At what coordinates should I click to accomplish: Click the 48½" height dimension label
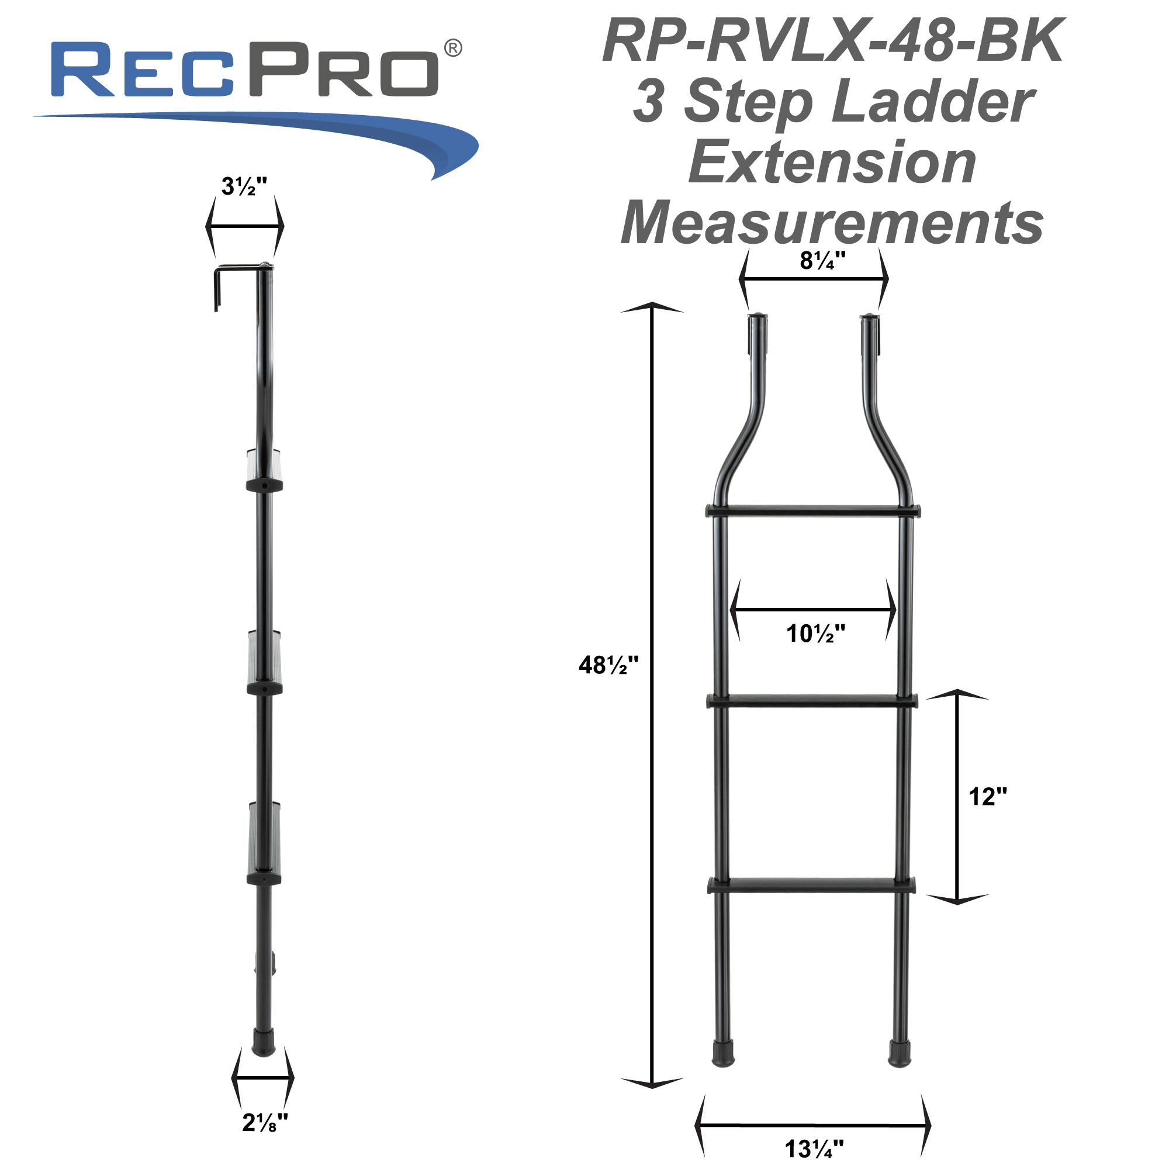(608, 666)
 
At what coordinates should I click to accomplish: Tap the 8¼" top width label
(822, 261)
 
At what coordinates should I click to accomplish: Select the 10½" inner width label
(815, 634)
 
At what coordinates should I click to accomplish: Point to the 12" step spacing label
(988, 797)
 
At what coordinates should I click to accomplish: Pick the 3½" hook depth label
(244, 186)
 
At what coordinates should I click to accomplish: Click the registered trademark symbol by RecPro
(453, 49)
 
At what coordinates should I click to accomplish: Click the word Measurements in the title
(832, 223)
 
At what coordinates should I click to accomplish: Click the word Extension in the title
(832, 162)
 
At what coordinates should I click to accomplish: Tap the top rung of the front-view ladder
(813, 511)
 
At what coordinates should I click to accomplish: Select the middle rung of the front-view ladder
(812, 701)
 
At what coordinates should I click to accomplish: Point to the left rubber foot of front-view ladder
(723, 1053)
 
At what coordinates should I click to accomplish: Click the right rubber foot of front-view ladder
(899, 1053)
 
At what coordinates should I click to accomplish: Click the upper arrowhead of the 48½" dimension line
(652, 307)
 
